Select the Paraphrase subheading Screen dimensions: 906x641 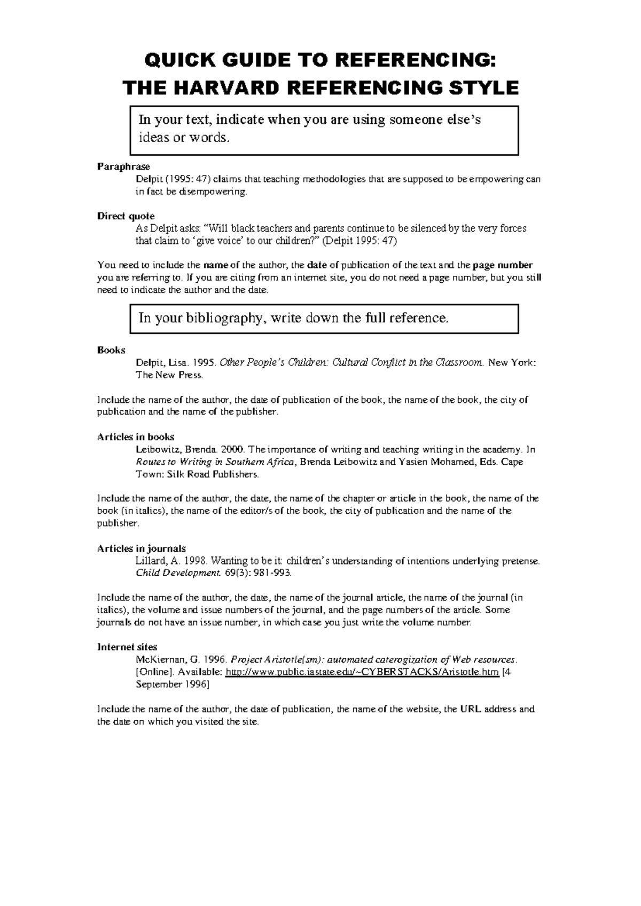point(123,167)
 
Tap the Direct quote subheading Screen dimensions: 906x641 point(126,216)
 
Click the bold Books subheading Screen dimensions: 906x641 point(111,351)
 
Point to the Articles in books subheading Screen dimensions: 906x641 point(135,437)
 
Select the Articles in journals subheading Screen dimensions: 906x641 point(141,549)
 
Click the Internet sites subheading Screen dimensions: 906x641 point(127,647)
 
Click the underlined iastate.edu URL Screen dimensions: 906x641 point(363,672)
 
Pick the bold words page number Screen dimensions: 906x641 point(503,265)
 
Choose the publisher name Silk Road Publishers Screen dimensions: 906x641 point(212,474)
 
